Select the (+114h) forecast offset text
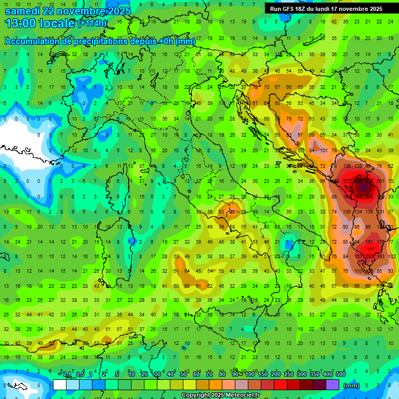pos(92,23)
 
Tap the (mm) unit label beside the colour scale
pos(352,385)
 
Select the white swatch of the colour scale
pos(60,385)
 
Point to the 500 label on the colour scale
pos(340,375)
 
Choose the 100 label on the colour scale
pos(250,375)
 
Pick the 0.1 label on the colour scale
pos(67,375)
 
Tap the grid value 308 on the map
pos(369,197)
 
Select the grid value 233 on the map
pos(369,257)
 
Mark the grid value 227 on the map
pos(347,181)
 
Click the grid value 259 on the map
pos(358,197)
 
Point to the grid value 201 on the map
pos(380,181)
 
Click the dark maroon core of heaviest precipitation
pos(363,186)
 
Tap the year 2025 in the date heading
pos(117,10)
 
